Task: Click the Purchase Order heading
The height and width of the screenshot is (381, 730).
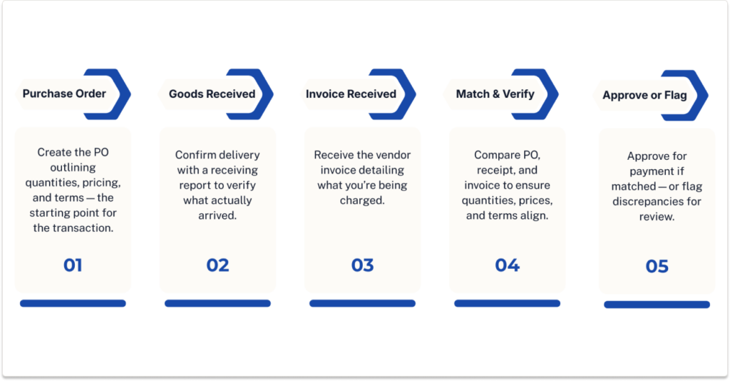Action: [64, 93]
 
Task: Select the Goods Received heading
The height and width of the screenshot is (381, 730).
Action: [212, 93]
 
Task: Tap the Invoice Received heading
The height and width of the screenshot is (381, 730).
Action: [351, 93]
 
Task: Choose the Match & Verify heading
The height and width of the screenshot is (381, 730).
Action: [495, 93]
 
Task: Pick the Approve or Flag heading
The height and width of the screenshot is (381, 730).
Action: [644, 95]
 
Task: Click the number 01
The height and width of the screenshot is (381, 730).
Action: [73, 265]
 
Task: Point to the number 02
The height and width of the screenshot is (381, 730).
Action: [217, 265]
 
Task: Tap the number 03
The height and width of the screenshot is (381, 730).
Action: [362, 265]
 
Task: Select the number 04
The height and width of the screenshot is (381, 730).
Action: [507, 265]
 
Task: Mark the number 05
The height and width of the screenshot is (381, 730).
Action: [657, 267]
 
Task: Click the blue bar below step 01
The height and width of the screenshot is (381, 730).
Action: [73, 303]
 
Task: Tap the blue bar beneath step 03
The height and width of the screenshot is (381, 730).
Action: [362, 303]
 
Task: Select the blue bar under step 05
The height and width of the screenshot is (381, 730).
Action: [657, 305]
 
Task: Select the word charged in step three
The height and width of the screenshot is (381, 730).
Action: [361, 201]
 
